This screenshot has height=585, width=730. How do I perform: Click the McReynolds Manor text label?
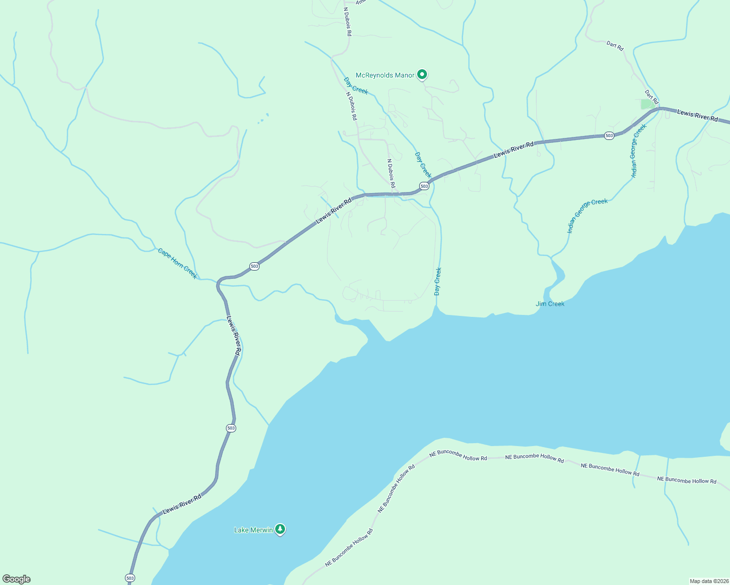pos(385,75)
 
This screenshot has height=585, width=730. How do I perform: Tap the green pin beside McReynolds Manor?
pos(423,75)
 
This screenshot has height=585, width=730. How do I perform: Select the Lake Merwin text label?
pos(253,530)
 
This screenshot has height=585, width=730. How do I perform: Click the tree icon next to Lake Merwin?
pos(280,529)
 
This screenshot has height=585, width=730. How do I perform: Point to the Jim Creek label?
pos(550,304)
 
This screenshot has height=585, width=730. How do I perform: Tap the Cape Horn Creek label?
pos(177,263)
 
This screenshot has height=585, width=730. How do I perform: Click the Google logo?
pos(16,579)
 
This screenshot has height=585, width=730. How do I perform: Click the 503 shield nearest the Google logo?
pos(129,578)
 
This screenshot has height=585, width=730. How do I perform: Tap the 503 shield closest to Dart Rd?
pos(609,136)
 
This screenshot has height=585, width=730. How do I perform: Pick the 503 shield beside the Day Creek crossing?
pos(424,186)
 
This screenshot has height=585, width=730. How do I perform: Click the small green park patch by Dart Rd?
pos(648,104)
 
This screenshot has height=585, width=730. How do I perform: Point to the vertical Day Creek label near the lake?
pos(438,281)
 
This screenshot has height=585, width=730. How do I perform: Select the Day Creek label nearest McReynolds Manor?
pos(356,86)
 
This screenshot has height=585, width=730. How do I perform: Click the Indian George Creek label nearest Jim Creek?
pos(587,215)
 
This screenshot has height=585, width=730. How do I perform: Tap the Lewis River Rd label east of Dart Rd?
pos(697,116)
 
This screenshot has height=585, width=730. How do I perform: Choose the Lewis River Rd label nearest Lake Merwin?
pos(182,504)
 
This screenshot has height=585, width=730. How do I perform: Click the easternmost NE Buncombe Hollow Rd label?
pos(687,480)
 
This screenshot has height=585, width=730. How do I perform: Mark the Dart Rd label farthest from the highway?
pos(615,46)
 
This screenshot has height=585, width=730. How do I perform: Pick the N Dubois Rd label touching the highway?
pos(391,174)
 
